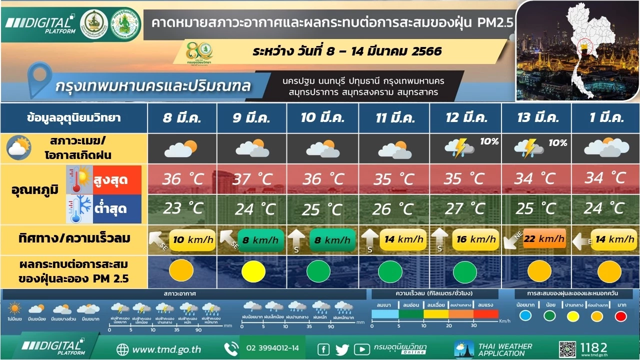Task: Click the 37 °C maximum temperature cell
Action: (252, 179)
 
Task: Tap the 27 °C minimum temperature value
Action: (463, 208)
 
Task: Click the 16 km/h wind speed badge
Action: (475, 239)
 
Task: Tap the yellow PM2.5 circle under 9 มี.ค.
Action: (253, 271)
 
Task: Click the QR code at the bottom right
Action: (567, 349)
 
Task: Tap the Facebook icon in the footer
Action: (323, 349)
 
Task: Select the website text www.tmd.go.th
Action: (166, 349)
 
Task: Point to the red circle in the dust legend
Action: (620, 316)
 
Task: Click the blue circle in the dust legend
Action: (525, 316)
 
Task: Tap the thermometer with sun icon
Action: (79, 180)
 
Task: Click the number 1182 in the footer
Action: (594, 347)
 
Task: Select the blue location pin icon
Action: (38, 79)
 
